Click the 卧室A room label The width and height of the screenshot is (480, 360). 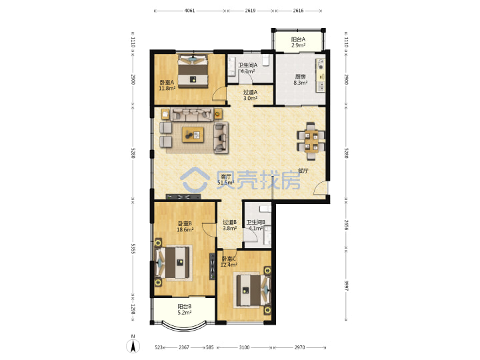pos(167,83)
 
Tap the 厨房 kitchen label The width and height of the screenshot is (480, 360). pos(300,77)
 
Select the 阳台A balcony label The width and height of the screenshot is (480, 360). pos(298,39)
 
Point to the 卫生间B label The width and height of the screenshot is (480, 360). pos(256,222)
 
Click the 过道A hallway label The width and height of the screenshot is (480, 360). pos(251,92)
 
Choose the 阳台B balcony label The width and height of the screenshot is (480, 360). pos(185,307)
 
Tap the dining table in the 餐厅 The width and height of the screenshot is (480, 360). pos(311,141)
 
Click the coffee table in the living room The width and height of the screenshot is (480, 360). pos(193,135)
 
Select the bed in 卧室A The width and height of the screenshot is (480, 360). pos(193,71)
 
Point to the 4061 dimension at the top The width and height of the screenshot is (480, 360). pos(189,11)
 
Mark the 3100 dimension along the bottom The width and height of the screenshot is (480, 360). pos(244,347)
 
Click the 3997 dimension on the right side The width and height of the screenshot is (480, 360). pos(346,285)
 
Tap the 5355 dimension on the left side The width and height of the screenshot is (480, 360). pos(133,249)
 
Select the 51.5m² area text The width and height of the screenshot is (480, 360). pos(225,183)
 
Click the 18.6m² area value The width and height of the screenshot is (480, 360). pos(185,229)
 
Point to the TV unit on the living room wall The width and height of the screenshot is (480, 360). pos(183,197)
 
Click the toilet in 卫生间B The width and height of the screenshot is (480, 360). pos(265,209)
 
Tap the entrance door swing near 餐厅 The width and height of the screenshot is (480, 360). pos(320,187)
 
